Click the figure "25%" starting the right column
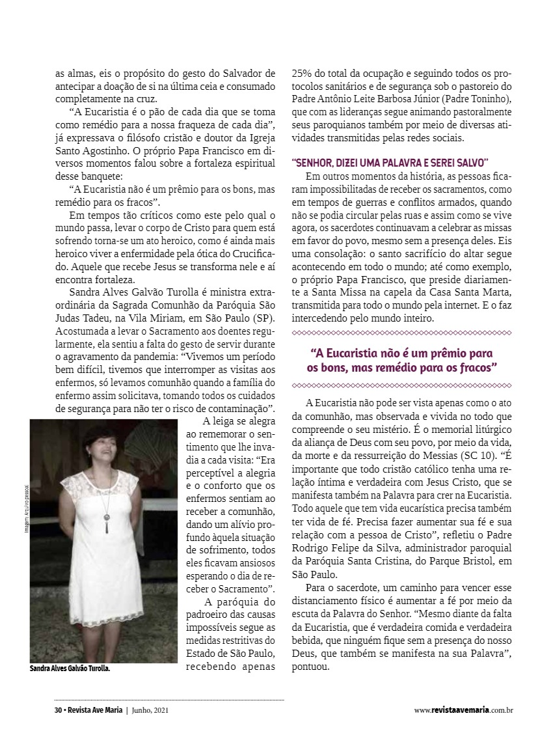[301, 73]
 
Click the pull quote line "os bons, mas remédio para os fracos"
[402, 368]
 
